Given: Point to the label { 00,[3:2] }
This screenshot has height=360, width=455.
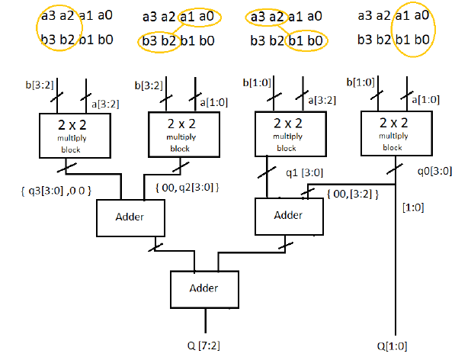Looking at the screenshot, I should pyautogui.click(x=350, y=195).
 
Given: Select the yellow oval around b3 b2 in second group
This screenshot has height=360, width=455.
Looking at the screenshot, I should pyautogui.click(x=158, y=40).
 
